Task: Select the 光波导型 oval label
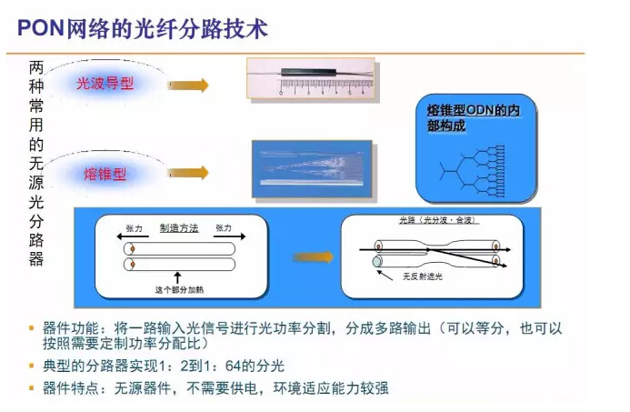(105, 83)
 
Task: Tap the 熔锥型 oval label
(105, 173)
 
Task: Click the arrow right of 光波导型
(188, 85)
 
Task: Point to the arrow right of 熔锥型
(188, 173)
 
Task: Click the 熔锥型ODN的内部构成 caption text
(473, 117)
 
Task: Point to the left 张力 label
(134, 228)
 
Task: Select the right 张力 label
(224, 228)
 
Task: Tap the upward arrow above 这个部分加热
(177, 276)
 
